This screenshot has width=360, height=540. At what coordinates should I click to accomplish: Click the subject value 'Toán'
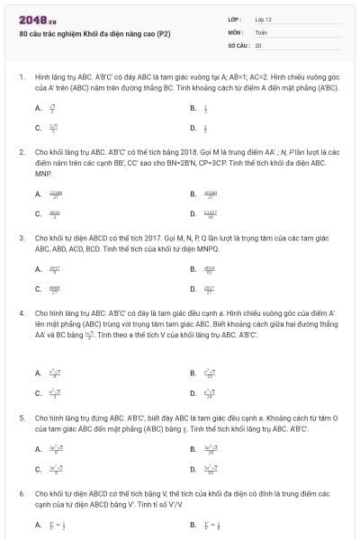click(261, 31)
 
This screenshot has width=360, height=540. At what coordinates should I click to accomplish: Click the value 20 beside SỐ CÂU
click(258, 44)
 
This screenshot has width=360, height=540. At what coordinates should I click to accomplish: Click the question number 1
click(21, 78)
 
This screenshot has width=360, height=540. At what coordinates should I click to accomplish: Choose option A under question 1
click(39, 107)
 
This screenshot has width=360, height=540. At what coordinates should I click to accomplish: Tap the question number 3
click(21, 238)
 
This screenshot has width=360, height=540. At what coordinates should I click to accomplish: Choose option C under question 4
click(39, 392)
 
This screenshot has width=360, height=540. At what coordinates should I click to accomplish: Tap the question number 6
click(21, 494)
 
